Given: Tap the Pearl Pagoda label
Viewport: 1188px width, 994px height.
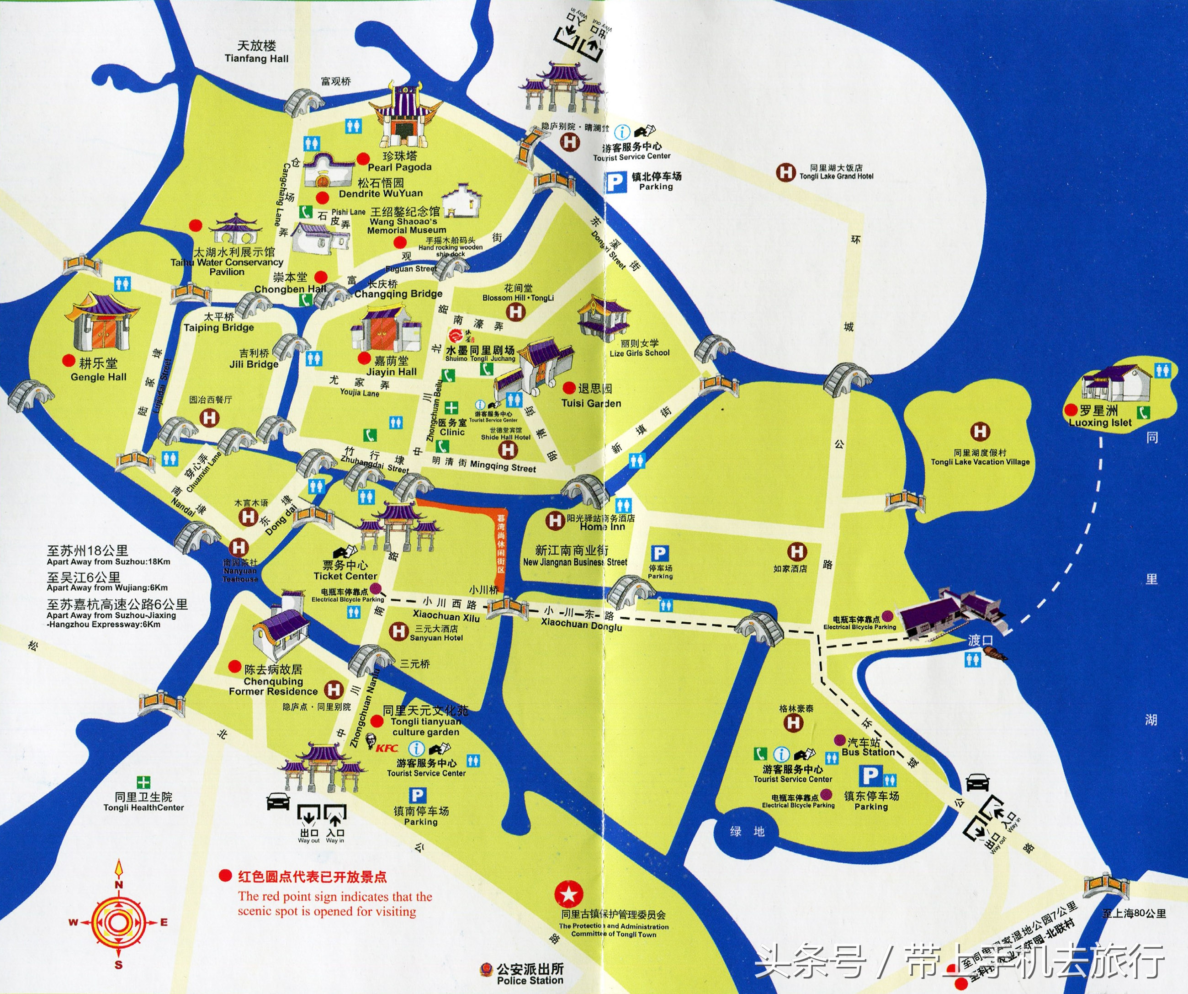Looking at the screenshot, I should click(399, 161).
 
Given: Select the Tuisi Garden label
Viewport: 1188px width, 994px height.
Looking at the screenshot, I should click(591, 397).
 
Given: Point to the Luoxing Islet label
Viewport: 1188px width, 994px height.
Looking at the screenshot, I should click(1100, 416).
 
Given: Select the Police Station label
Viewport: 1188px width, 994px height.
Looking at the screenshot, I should click(530, 974).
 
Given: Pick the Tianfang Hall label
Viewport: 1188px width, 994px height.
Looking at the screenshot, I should click(256, 52).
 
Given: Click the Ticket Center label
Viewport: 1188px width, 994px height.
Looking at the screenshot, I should click(345, 571).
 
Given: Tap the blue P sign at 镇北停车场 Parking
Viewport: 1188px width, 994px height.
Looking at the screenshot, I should click(615, 183).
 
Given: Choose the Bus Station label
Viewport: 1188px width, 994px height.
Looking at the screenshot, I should click(868, 747).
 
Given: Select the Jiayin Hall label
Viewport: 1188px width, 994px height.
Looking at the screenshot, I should click(392, 366).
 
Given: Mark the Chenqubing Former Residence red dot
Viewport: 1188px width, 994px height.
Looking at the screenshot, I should click(234, 666).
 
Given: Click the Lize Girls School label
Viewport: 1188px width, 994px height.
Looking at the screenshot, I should click(639, 348).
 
